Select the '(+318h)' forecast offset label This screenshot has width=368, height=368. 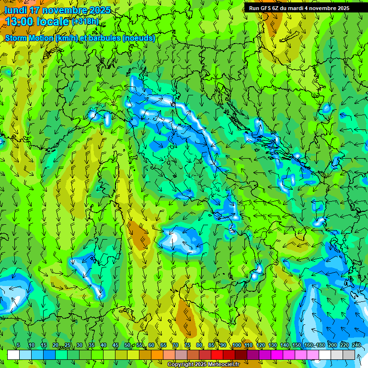pyautogui.click(x=87, y=22)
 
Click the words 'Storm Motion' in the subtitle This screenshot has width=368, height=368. pyautogui.click(x=29, y=38)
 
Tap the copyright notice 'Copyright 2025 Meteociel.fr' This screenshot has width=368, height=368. pyautogui.click(x=203, y=365)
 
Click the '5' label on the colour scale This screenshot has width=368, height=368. pyautogui.click(x=18, y=345)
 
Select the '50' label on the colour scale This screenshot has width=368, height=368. pyautogui.click(x=127, y=345)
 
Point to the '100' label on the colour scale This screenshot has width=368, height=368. pyautogui.click(x=237, y=345)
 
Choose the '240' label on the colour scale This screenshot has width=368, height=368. pyautogui.click(x=356, y=345)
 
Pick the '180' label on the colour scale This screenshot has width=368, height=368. pyautogui.click(x=320, y=345)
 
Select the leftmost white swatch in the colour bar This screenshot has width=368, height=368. pyautogui.click(x=13, y=355)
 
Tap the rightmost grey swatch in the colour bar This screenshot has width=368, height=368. pyautogui.click(x=349, y=355)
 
